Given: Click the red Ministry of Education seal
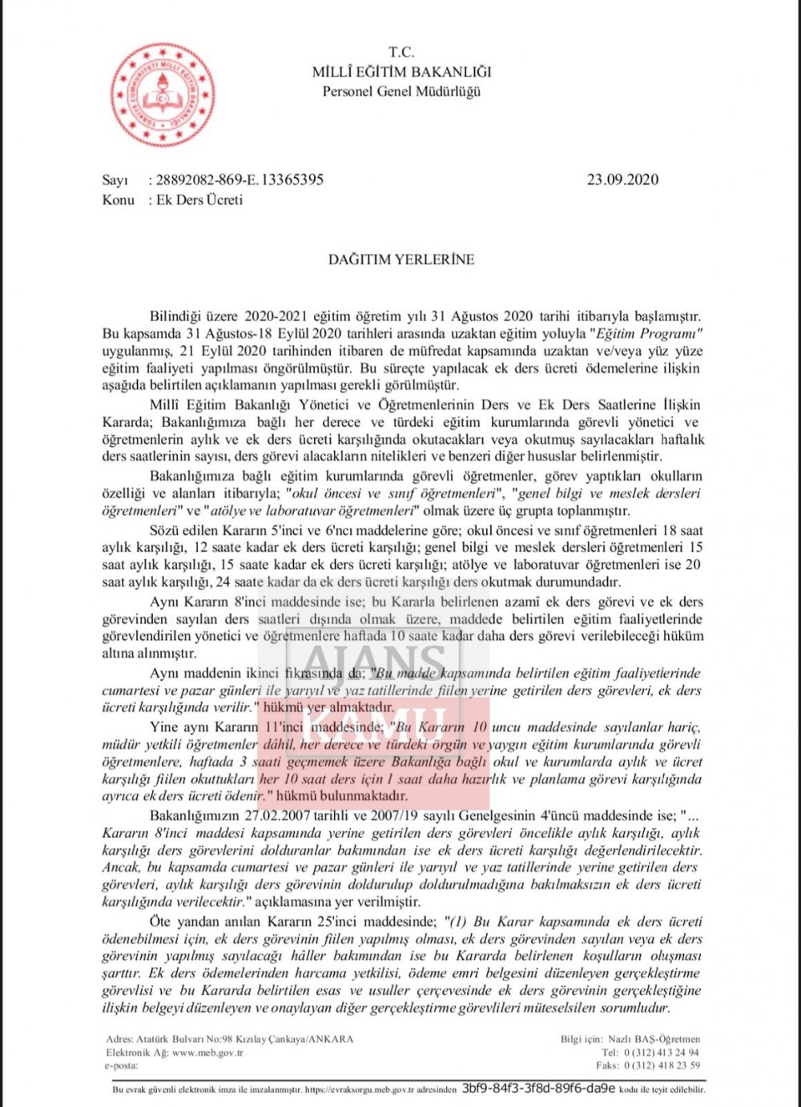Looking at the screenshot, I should tap(163, 95).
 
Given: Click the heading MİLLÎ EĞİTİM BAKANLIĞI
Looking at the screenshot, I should tap(401, 72).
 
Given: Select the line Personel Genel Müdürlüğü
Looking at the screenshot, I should tap(401, 91).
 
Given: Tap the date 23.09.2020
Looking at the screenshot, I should tap(622, 179).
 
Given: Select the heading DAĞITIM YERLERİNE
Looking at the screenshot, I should tap(401, 260).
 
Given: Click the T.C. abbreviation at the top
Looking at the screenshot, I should tap(401, 53).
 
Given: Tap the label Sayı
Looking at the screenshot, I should tap(115, 179).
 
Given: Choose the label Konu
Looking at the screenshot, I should tap(118, 199).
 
